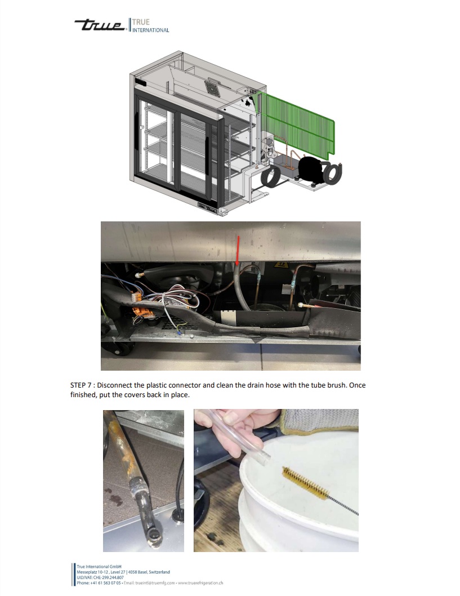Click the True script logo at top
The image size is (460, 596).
coord(100,25)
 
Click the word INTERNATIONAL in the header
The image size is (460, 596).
coord(151,30)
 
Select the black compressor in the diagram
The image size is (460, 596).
coord(312,170)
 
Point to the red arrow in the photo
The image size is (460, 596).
coord(238,250)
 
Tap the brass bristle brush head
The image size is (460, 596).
coord(306,483)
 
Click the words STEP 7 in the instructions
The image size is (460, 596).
coord(81,385)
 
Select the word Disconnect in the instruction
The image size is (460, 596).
coord(113,385)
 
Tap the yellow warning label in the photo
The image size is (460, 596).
coord(280,265)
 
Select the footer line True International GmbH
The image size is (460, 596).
coord(99,566)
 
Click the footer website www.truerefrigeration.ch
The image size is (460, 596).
coord(200,582)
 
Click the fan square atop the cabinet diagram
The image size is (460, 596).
coord(213,87)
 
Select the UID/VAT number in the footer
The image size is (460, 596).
coord(100,577)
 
